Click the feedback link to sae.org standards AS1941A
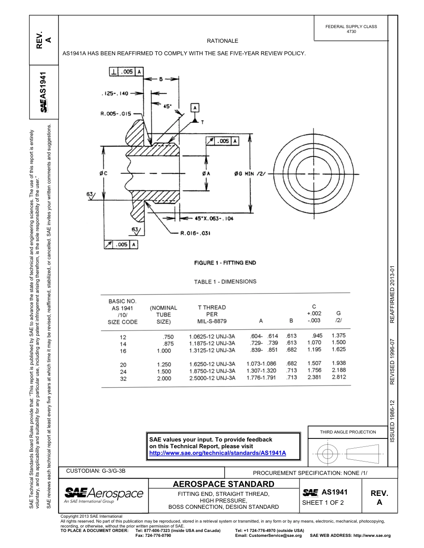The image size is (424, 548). (x=217, y=453)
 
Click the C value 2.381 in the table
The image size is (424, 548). (x=314, y=377)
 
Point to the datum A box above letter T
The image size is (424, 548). (x=195, y=107)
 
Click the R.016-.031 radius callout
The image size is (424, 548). (x=195, y=233)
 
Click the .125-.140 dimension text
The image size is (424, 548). (x=115, y=94)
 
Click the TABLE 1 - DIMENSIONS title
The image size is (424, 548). (x=225, y=282)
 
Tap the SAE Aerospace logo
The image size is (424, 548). (x=104, y=494)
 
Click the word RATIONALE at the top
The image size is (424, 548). (x=222, y=41)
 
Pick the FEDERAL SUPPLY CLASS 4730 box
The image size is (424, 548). (x=351, y=29)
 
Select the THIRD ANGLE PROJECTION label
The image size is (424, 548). (x=348, y=432)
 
